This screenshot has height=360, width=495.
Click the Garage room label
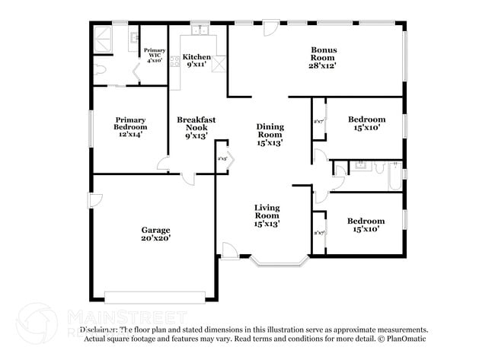(155, 234)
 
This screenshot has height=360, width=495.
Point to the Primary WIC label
(155, 55)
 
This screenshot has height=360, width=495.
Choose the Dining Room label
(270, 135)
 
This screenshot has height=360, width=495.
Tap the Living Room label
(267, 215)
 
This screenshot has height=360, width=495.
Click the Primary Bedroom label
(130, 126)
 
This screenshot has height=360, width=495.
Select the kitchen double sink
(201, 31)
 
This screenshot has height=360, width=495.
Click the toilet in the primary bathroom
(101, 68)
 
